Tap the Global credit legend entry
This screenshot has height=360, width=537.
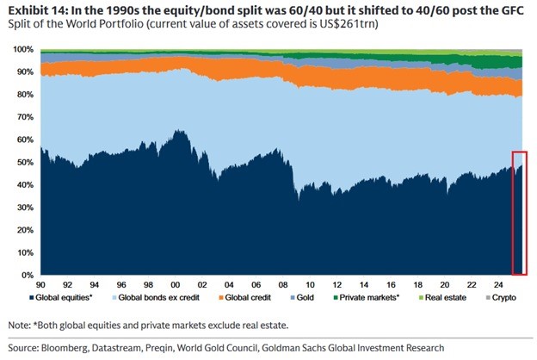pos(272,299)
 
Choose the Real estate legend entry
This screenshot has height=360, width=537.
pos(460,299)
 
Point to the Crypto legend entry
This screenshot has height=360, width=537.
pos(512,299)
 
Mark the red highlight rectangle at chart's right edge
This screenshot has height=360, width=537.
pos(518,212)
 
